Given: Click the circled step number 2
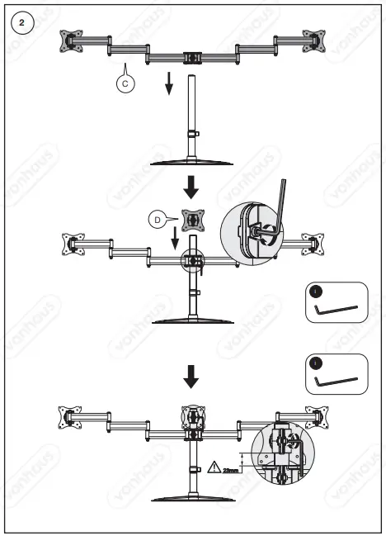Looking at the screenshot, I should point(22,22).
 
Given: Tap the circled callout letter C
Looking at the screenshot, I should point(124,83).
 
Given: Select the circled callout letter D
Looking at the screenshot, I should point(156,219).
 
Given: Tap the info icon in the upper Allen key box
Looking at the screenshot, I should point(316,291).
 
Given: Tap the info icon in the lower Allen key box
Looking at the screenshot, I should point(316,363).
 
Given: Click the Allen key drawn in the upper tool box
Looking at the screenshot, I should point(336,312).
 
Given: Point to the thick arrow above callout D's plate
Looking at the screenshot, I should point(191,187).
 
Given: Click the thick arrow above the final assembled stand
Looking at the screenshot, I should point(191,377).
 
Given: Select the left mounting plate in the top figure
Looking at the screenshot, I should point(73,40).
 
